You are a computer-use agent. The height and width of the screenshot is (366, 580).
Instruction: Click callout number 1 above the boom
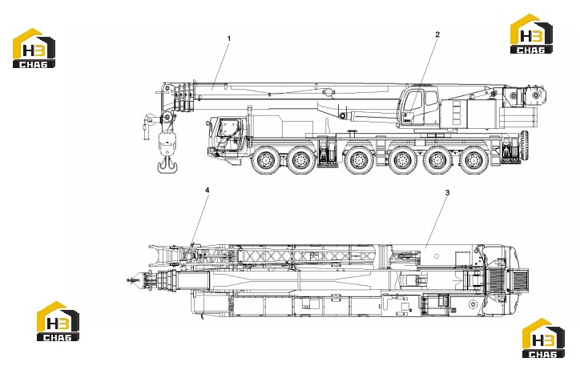(229, 38)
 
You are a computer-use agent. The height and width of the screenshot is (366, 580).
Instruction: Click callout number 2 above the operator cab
(437, 34)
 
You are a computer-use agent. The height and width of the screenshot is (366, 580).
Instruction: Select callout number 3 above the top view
(447, 193)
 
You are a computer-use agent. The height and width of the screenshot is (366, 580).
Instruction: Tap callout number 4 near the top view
(207, 190)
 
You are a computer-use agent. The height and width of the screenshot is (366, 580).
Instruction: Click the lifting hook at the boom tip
(167, 164)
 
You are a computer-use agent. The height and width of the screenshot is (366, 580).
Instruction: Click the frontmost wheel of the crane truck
(265, 160)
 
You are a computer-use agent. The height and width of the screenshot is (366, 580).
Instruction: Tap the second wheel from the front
(301, 160)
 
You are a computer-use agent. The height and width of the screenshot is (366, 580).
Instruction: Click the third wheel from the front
(357, 160)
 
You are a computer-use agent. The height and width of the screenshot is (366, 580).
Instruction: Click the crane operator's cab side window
(430, 99)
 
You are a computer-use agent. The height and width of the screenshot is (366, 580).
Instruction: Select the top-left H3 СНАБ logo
(34, 48)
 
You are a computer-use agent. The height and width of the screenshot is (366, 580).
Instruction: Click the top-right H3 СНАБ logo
(531, 34)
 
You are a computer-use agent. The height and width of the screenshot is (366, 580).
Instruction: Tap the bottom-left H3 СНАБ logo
(58, 321)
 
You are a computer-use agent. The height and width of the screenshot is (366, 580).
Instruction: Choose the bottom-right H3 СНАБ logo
(543, 338)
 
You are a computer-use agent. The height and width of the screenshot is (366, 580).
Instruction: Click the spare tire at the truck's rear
(524, 146)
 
